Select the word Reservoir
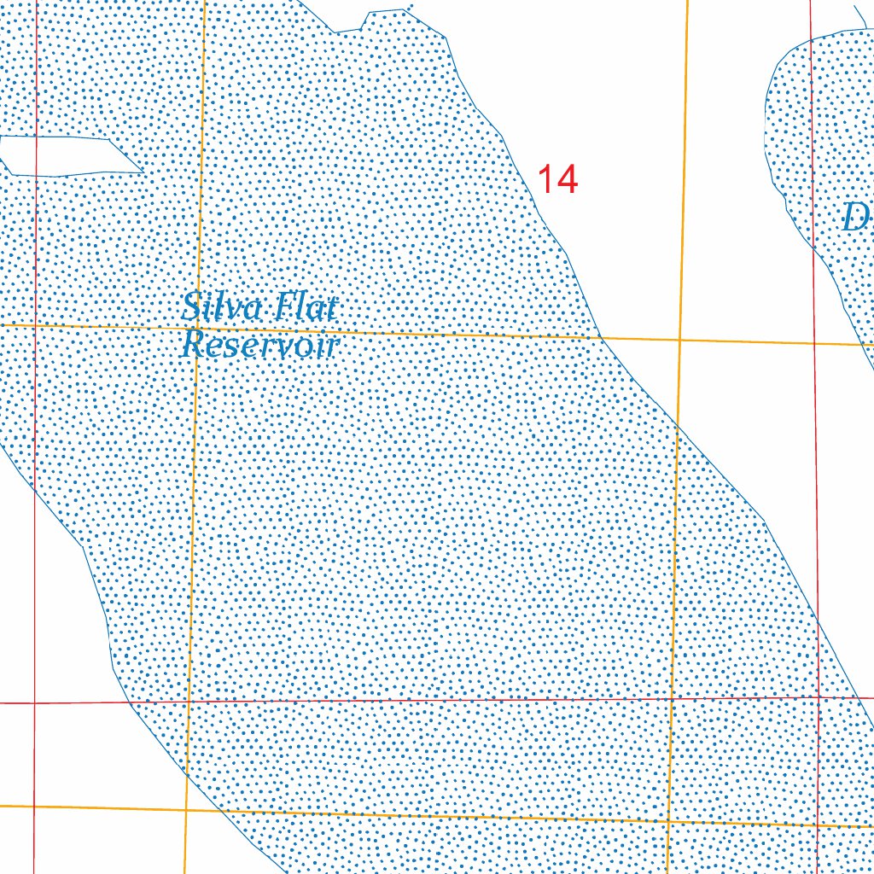point(260,345)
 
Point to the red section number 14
point(557,179)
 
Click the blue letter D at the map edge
point(854,218)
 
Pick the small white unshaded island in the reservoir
point(68,155)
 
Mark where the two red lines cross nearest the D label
point(819,697)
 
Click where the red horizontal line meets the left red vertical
point(34,703)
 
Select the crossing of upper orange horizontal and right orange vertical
point(679,339)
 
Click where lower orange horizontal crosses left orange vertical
point(185,809)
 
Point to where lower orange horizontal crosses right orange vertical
point(667,821)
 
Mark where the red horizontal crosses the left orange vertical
point(188,702)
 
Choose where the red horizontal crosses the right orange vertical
point(671,699)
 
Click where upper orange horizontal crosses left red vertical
point(36,325)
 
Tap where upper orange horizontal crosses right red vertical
point(814,343)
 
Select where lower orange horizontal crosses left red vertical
point(34,806)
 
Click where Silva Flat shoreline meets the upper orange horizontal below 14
point(602,337)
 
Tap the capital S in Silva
point(191,307)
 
